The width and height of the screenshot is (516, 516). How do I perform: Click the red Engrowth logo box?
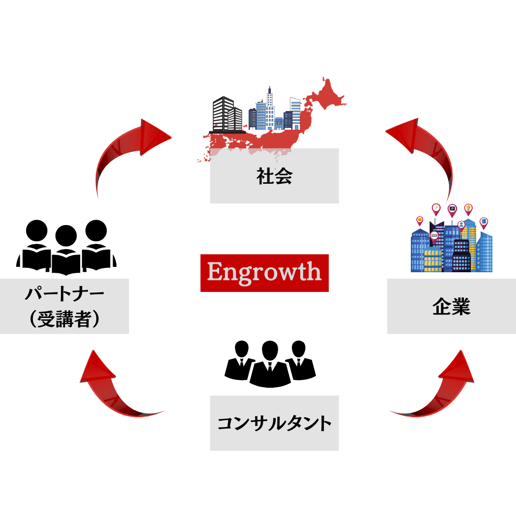[264, 273]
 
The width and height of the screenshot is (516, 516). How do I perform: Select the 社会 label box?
[274, 176]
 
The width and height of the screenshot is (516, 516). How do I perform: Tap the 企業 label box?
[451, 306]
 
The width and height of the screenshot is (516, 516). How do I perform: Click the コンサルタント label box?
[274, 423]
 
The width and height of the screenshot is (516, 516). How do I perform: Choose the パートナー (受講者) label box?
[64, 306]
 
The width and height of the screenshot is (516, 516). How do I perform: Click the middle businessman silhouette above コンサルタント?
[270, 366]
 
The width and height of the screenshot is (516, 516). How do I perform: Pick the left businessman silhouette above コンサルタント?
[239, 361]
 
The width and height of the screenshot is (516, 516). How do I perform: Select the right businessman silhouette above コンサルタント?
[300, 361]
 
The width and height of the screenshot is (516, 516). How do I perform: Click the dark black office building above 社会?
[224, 114]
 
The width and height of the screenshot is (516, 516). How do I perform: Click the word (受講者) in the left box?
[64, 319]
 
